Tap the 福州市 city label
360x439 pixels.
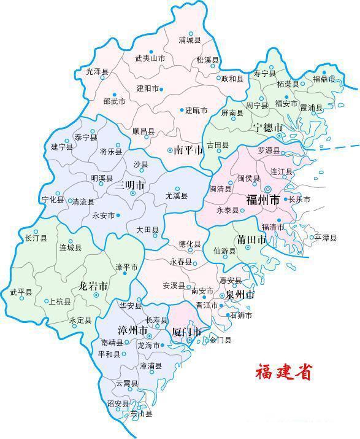coord(262,200)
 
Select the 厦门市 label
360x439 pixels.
coord(186,332)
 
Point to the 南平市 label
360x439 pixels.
coord(188,149)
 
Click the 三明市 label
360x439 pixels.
coord(131,185)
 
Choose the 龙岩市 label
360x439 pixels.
coord(94,286)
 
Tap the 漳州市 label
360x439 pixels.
coord(135,331)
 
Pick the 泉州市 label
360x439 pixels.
coord(239,295)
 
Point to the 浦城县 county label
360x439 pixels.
coord(190,41)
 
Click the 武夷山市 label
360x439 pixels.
coord(150,58)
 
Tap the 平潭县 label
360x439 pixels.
coord(325,238)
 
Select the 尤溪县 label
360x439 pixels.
coord(177,196)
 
